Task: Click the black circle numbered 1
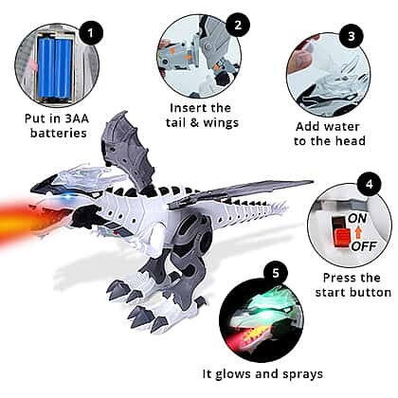click(x=91, y=32)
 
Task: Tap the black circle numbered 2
click(x=238, y=25)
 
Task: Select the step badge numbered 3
click(x=352, y=36)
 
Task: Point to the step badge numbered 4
click(x=370, y=184)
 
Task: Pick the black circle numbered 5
click(x=276, y=272)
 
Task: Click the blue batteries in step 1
click(x=55, y=67)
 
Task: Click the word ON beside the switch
click(x=357, y=218)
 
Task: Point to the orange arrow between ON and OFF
click(x=358, y=232)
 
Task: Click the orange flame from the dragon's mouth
click(x=30, y=223)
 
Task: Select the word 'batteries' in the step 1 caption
click(x=59, y=133)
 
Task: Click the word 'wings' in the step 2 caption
click(x=221, y=123)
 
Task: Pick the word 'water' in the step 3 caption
click(x=343, y=127)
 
